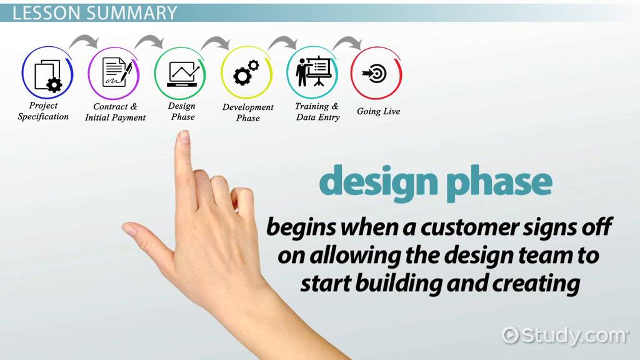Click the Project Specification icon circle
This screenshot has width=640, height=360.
click(x=47, y=74)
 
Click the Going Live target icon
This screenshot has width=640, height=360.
click(x=376, y=74)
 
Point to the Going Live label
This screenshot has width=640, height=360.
click(x=378, y=111)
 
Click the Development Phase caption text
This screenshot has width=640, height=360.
click(x=247, y=112)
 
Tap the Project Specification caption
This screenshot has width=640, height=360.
click(x=43, y=111)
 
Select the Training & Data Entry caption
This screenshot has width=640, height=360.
click(x=317, y=112)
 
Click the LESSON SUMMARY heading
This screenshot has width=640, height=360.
click(x=94, y=13)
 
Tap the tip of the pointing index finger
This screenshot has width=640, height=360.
click(x=183, y=136)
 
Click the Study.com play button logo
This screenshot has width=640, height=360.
click(x=511, y=335)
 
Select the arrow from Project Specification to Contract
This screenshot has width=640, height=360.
click(x=83, y=42)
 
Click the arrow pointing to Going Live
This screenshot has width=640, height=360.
click(x=347, y=42)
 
